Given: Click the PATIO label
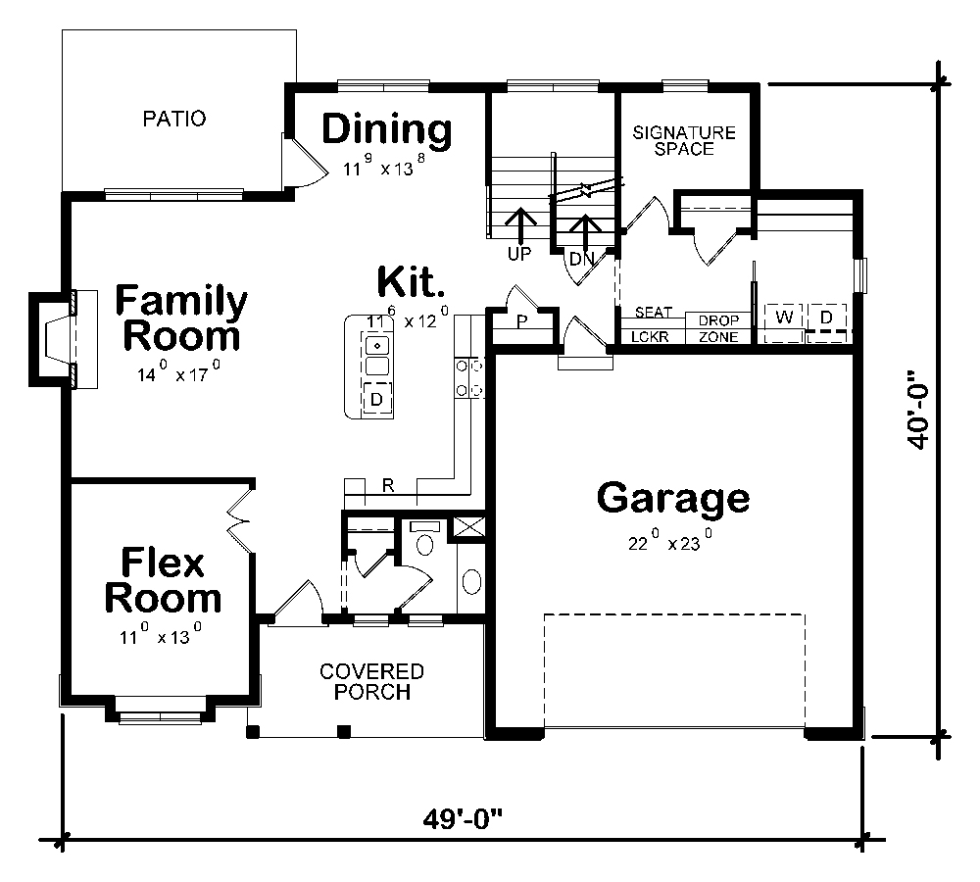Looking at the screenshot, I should pyautogui.click(x=174, y=120).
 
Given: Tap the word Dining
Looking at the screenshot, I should pyautogui.click(x=387, y=129).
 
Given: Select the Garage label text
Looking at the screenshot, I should pyautogui.click(x=673, y=498).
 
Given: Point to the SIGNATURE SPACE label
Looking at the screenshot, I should pyautogui.click(x=684, y=141).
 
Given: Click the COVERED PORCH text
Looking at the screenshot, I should pyautogui.click(x=371, y=682).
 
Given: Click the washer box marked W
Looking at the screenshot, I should pyautogui.click(x=784, y=318).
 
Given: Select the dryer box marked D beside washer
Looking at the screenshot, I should pyautogui.click(x=826, y=318).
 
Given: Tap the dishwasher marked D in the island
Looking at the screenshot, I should pyautogui.click(x=376, y=399).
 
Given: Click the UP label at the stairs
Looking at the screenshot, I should pyautogui.click(x=518, y=253).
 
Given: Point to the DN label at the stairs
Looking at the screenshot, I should pyautogui.click(x=582, y=259).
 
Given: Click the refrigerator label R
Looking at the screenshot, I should pyautogui.click(x=388, y=485).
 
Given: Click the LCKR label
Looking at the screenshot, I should pyautogui.click(x=649, y=336).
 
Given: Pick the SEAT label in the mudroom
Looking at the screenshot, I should pyautogui.click(x=653, y=314).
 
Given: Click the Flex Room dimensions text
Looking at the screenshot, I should pyautogui.click(x=161, y=638).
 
